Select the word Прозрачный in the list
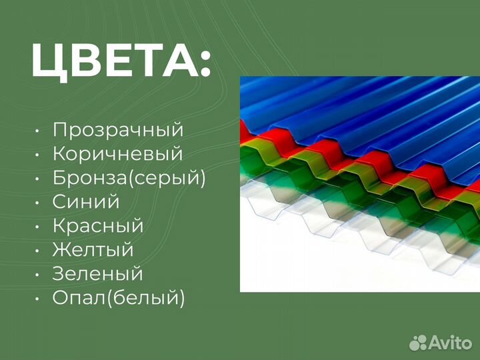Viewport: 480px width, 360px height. point(117,131)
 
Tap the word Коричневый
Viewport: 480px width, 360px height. point(117,155)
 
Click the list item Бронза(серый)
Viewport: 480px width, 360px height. point(129,179)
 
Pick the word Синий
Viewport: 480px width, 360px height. point(86,202)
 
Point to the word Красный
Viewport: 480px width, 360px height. point(98,226)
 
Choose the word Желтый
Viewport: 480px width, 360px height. point(93,250)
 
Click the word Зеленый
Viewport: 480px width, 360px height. point(97,274)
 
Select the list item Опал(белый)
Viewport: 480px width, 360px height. point(119,298)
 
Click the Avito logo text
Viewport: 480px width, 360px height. point(450,343)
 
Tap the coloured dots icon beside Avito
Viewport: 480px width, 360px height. point(418,343)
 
